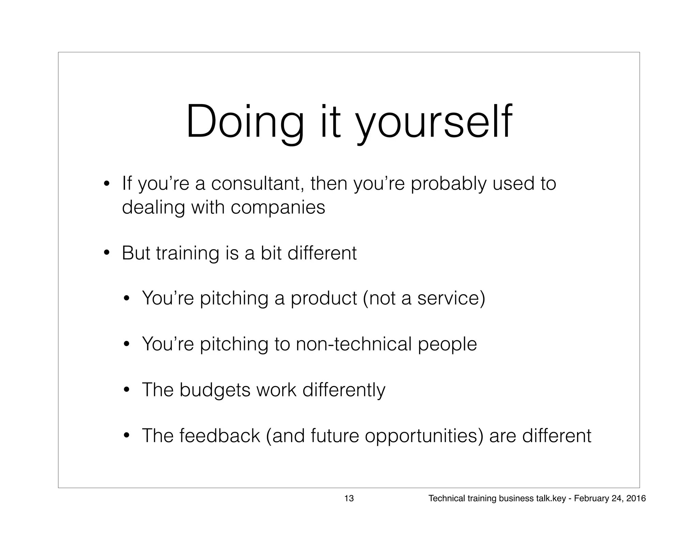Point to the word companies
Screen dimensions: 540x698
coord(278,208)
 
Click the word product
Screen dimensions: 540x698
coord(323,298)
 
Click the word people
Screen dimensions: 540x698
coord(447,344)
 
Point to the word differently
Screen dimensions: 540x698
coord(344,390)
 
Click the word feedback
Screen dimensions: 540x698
coord(219,436)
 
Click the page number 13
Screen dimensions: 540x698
coord(349,499)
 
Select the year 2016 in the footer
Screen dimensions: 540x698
coord(636,499)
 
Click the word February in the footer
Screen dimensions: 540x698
coord(588,499)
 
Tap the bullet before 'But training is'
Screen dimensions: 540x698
coord(107,254)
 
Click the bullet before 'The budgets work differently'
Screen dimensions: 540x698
coord(126,390)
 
